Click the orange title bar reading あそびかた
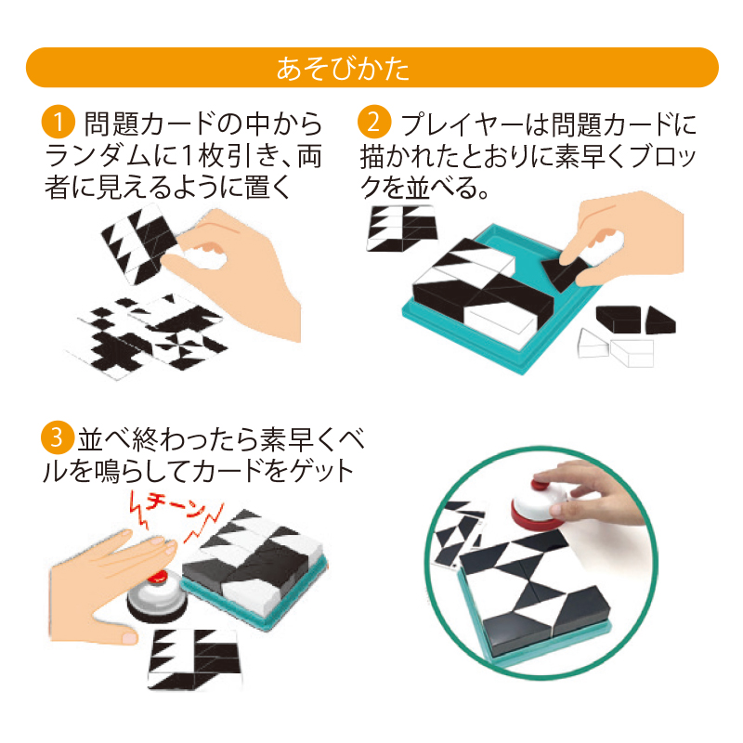[x=372, y=67]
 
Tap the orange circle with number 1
[x=58, y=122]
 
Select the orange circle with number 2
[x=374, y=122]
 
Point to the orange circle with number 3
[x=57, y=437]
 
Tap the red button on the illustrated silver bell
[x=158, y=577]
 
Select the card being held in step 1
[x=140, y=244]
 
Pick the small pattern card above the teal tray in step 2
[x=402, y=228]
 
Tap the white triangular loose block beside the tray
[x=593, y=343]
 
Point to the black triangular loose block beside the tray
[x=660, y=320]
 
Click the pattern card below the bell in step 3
[x=194, y=659]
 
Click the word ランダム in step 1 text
[x=98, y=155]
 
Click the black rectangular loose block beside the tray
[x=619, y=319]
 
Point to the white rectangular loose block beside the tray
[x=632, y=353]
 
